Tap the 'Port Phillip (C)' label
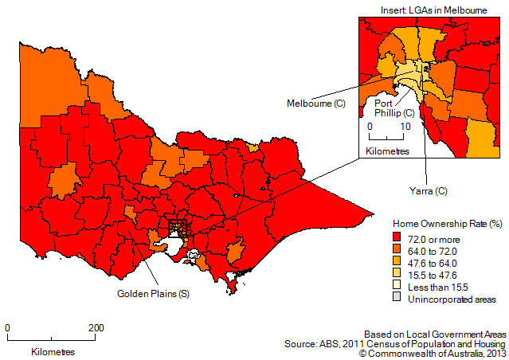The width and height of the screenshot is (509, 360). point(393,108)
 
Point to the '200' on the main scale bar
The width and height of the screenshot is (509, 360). point(96,327)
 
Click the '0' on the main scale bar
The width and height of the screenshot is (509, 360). point(7,327)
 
